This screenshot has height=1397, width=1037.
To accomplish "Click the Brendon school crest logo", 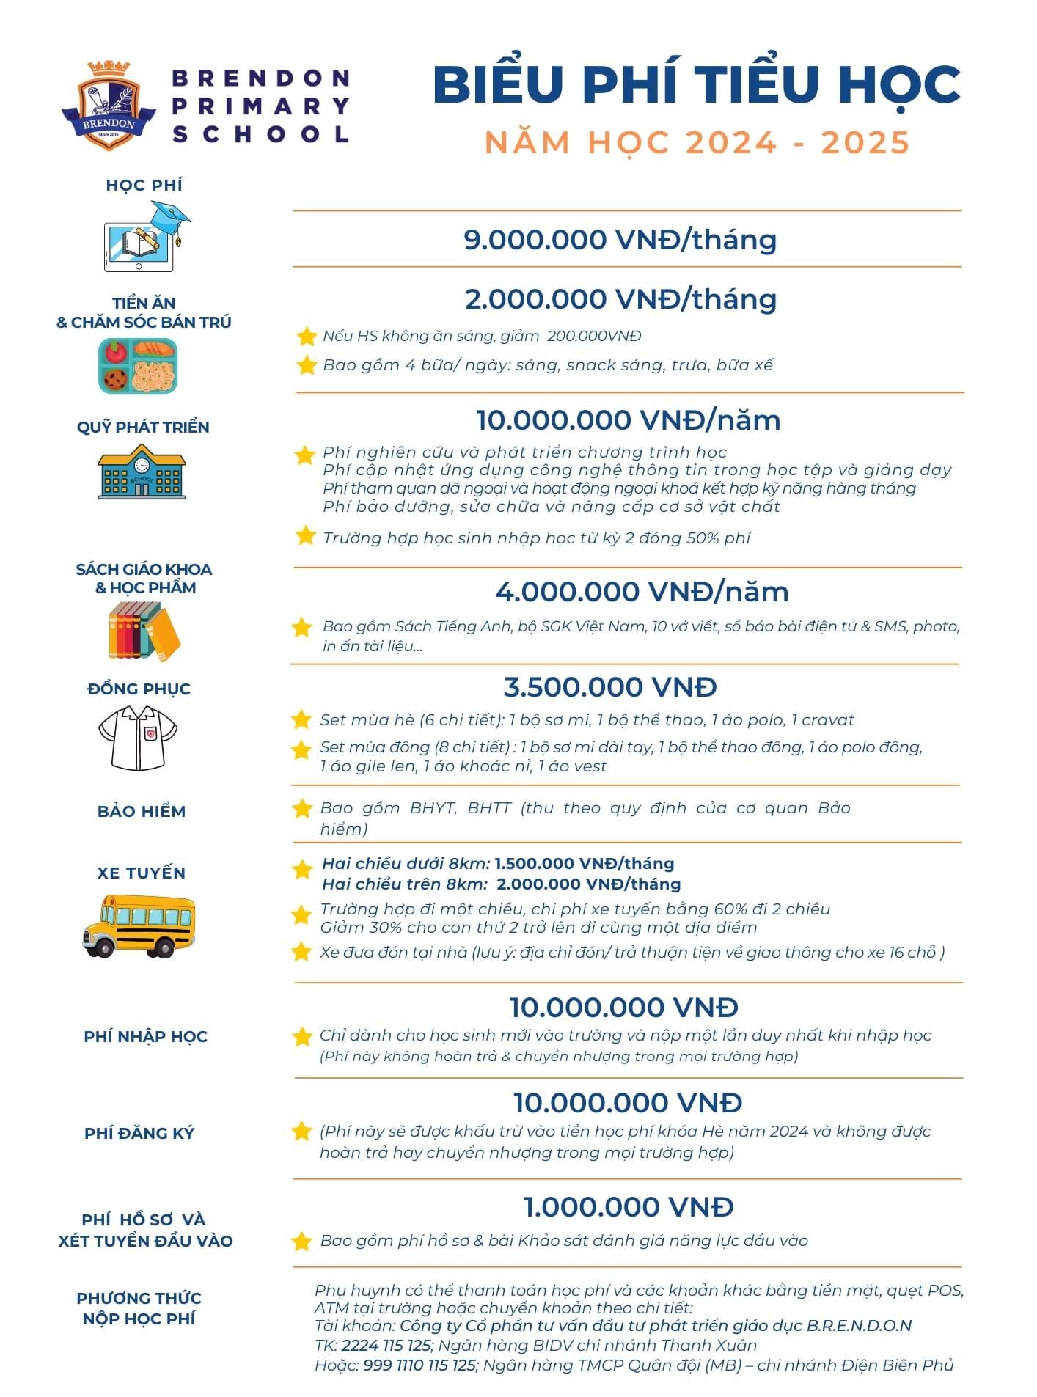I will tap(109, 105).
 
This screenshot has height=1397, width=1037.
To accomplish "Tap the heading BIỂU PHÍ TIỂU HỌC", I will tap(696, 84).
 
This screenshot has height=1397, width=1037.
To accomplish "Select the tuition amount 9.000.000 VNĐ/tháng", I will tap(620, 240).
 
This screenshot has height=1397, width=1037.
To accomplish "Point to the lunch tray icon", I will tap(139, 366).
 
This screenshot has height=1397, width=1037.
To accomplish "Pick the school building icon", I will tap(142, 472).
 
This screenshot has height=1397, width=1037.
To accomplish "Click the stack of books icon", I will tap(144, 631).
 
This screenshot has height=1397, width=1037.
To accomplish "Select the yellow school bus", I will tap(138, 925).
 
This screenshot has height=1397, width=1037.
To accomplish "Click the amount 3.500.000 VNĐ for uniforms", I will tap(610, 687).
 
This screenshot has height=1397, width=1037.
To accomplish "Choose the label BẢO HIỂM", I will tap(142, 811).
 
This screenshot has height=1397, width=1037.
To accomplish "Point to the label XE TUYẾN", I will tap(142, 873).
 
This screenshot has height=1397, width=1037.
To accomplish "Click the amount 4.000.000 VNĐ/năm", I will tap(642, 592).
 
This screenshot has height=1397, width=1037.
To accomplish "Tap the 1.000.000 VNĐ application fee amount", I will tap(629, 1207).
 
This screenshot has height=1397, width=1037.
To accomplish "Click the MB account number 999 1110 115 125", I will tap(419, 1365).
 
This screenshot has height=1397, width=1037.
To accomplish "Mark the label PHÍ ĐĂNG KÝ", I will tap(139, 1133).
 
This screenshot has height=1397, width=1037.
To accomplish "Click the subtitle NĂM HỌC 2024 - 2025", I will tap(697, 142).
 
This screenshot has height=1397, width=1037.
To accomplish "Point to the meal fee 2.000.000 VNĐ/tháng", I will tap(620, 299).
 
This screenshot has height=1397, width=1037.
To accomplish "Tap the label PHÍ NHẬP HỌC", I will tap(145, 1036).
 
